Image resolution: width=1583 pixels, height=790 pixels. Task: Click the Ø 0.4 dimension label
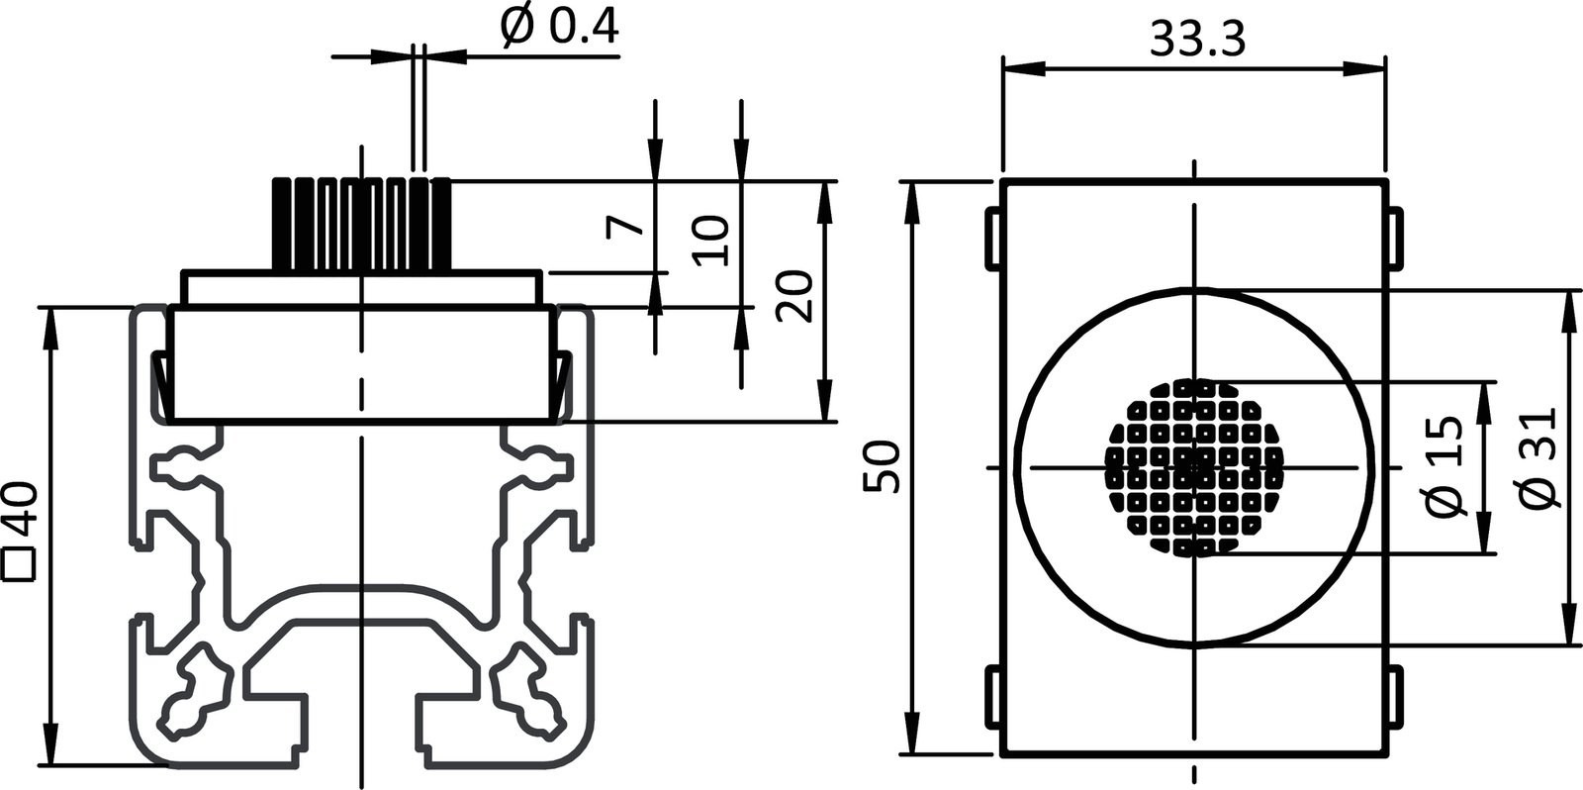[x=560, y=28]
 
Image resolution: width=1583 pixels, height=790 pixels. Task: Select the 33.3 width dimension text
[x=1196, y=40]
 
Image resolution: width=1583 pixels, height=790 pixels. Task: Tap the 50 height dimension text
[x=881, y=466]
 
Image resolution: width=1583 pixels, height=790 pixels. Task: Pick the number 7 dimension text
[x=625, y=226]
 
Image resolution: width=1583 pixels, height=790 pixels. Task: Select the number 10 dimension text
[x=710, y=241]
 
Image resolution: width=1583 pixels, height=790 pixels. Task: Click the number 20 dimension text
[x=794, y=295]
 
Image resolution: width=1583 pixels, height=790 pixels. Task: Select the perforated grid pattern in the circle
[x=1194, y=466]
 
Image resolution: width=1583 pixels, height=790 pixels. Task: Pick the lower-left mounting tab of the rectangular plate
[x=992, y=700]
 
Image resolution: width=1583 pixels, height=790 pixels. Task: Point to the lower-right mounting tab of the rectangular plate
[x=1394, y=700]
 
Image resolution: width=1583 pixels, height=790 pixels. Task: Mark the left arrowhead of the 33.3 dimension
[x=1019, y=68]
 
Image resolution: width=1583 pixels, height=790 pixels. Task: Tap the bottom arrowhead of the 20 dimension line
[x=823, y=407]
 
